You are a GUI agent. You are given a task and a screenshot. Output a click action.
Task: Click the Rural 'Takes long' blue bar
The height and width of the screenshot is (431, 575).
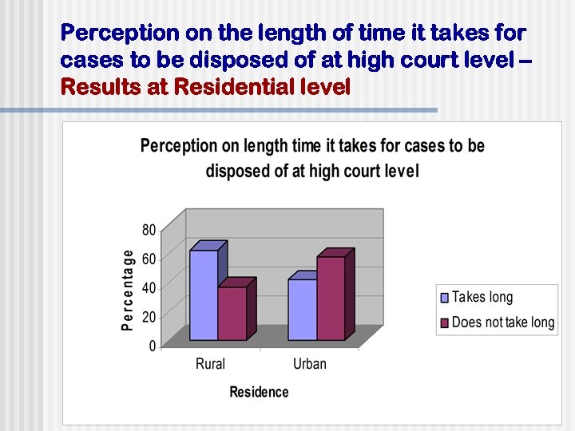203,295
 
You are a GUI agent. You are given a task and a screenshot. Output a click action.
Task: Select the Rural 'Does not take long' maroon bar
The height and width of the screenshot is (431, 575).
232,313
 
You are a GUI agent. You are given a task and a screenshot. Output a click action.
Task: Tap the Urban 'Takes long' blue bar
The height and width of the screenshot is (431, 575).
302,309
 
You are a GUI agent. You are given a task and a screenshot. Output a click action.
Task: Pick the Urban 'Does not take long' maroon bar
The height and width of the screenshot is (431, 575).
331,298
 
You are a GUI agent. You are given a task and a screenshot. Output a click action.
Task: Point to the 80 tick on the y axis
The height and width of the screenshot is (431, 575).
149,230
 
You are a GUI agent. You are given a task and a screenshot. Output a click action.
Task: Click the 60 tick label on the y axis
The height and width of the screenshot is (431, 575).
149,259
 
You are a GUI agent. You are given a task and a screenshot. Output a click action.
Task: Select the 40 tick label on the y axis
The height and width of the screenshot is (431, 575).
149,288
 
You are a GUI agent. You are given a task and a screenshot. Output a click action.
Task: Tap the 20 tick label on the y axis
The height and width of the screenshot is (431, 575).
149,317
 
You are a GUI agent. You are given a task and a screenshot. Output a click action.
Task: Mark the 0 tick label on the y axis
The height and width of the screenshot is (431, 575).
153,346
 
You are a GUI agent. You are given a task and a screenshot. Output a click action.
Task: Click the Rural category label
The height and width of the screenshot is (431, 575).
210,364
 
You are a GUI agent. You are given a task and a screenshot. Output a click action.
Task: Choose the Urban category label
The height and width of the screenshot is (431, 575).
309,364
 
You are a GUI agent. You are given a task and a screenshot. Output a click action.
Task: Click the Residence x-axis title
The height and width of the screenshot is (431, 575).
259,392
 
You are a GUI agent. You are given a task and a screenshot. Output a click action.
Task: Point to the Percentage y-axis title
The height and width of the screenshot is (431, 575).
128,288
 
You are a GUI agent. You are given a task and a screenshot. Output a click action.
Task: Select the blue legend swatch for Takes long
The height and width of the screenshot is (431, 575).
445,298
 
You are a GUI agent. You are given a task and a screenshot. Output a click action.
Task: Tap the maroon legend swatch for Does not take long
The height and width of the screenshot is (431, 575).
445,323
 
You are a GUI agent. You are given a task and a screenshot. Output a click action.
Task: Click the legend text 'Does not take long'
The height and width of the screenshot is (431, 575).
502,323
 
